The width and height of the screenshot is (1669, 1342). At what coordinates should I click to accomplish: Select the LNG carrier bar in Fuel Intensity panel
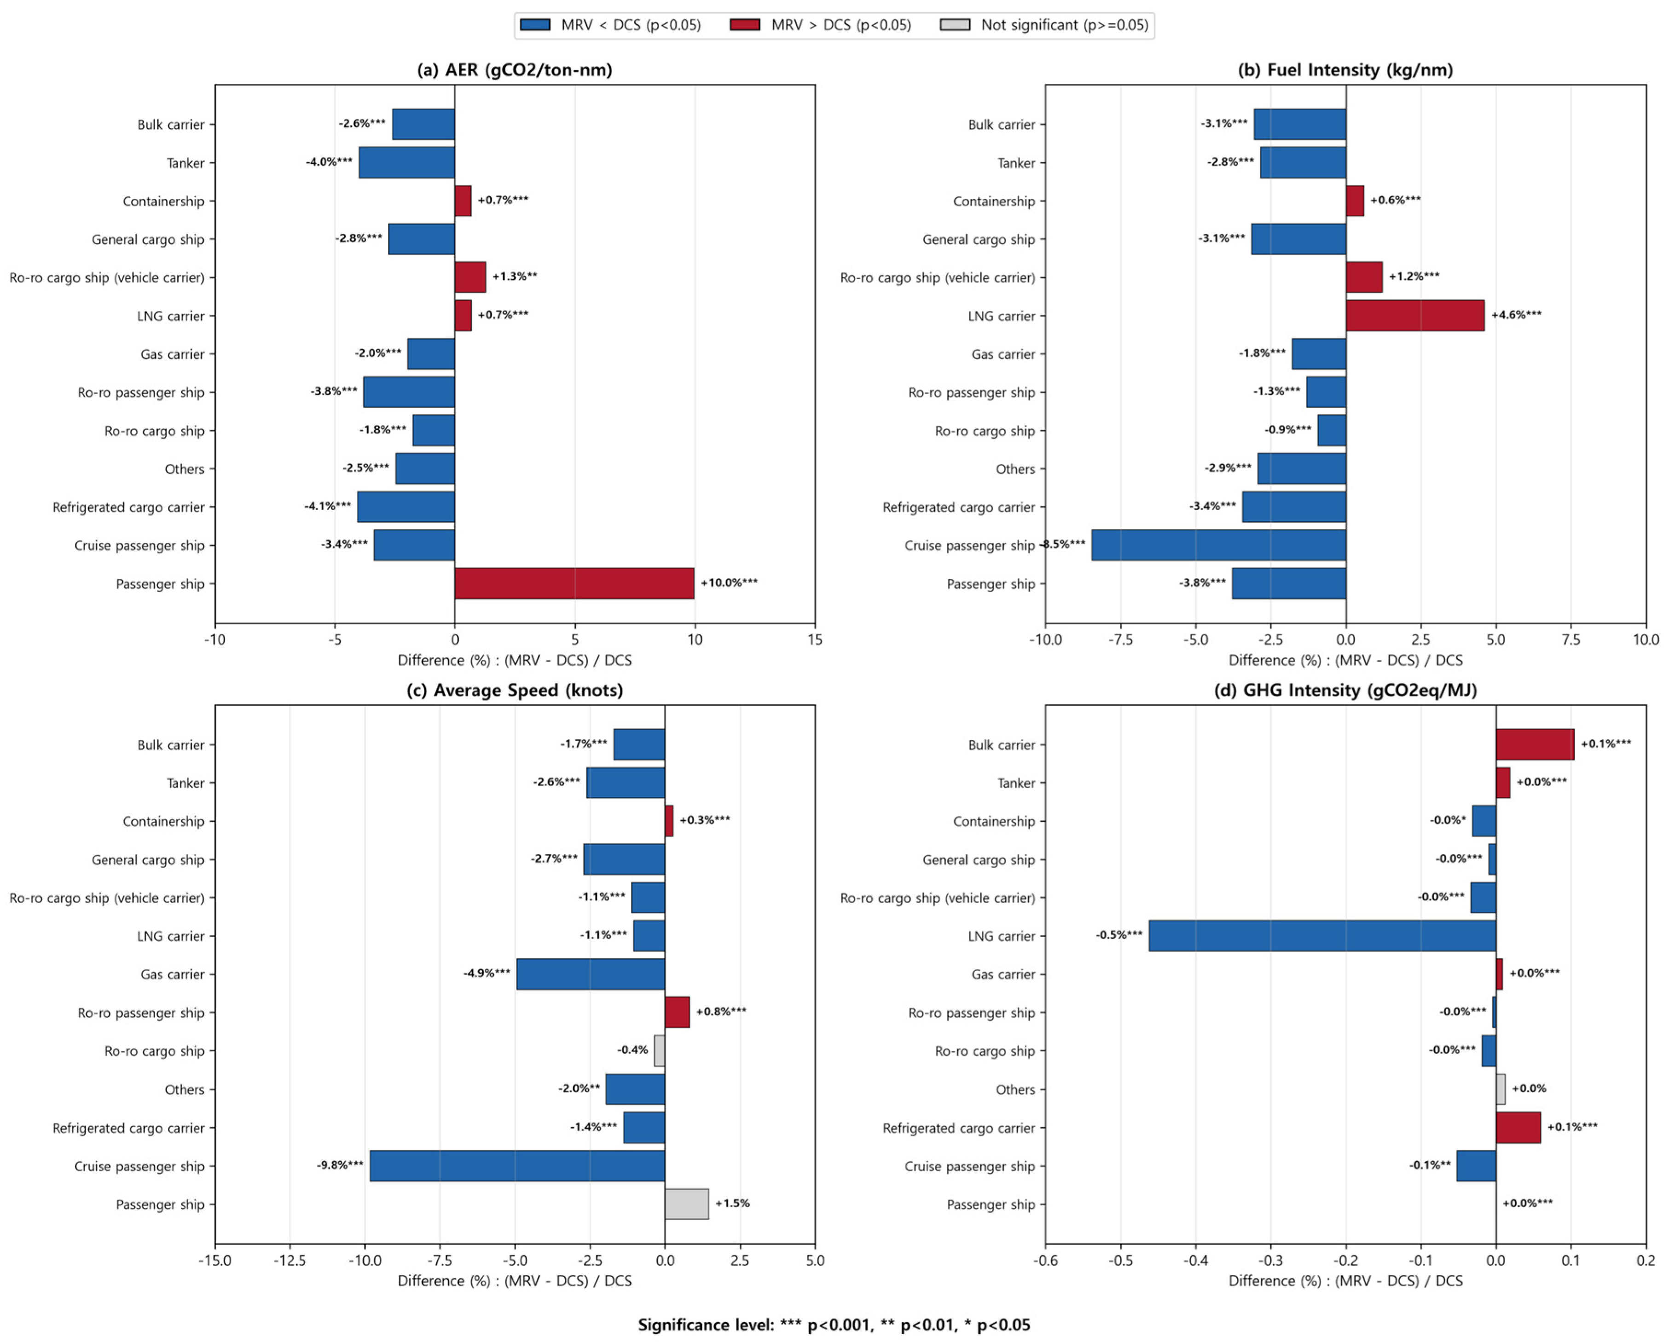[x=1414, y=315]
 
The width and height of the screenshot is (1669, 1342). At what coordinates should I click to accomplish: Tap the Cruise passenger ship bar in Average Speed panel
[x=517, y=1165]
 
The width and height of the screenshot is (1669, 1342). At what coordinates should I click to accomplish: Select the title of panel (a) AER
[x=515, y=69]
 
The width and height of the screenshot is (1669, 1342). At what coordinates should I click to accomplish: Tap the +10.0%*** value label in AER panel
[x=729, y=583]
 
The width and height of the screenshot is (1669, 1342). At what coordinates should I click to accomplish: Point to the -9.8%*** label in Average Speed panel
[x=340, y=1165]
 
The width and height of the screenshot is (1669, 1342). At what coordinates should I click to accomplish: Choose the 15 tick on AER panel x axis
[x=814, y=640]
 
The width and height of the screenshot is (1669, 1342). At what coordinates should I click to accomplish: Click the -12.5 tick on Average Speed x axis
[x=290, y=1261]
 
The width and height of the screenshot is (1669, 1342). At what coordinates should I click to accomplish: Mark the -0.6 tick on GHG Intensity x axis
[x=1045, y=1261]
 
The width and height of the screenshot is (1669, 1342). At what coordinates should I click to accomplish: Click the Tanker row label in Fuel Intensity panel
[x=1016, y=163]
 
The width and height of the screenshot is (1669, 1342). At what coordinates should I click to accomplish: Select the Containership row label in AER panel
[x=163, y=201]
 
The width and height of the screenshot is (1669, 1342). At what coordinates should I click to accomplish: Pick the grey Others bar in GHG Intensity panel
[x=1500, y=1089]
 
